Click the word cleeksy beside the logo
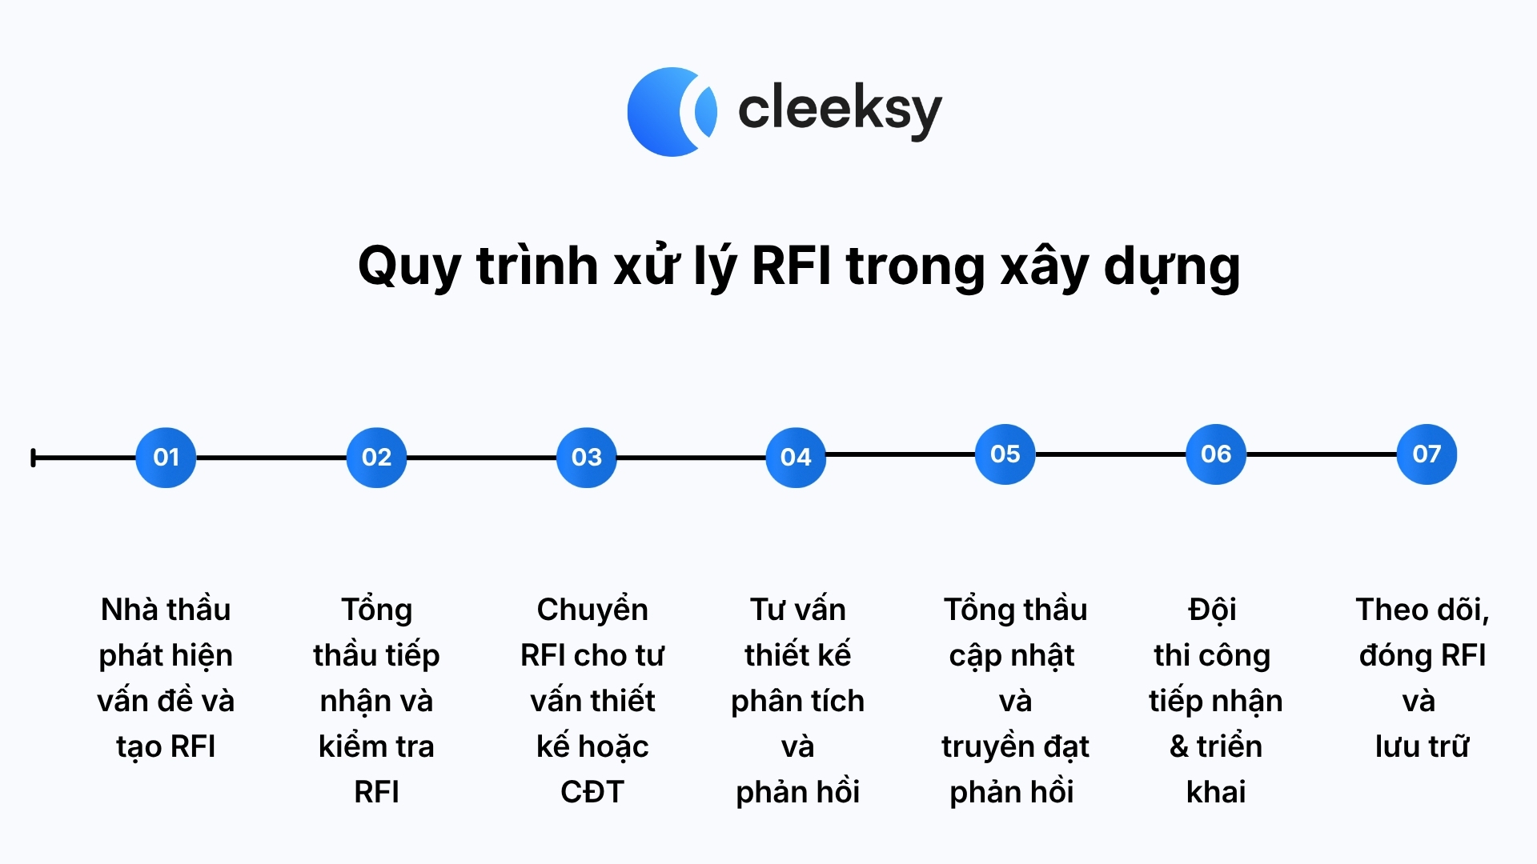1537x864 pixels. [840, 110]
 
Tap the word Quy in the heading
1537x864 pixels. [408, 266]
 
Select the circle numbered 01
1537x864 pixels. [166, 458]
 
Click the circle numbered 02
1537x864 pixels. [376, 458]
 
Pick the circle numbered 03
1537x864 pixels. [587, 458]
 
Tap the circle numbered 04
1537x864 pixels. [796, 458]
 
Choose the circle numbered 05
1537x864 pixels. [1005, 454]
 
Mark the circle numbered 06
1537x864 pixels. [1216, 454]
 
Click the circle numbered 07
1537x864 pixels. [1427, 454]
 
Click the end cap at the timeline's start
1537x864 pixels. [33, 458]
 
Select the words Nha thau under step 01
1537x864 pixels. [166, 610]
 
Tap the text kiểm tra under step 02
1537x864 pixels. [376, 746]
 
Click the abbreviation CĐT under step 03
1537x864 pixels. [592, 792]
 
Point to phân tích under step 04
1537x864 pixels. [798, 702]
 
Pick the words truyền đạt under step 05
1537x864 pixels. [1015, 747]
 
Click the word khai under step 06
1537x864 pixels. [1216, 792]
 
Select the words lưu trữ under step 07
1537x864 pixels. [1423, 746]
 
